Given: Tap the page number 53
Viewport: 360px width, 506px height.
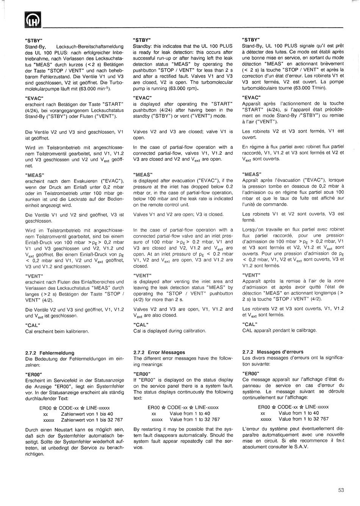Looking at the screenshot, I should pos(341,490).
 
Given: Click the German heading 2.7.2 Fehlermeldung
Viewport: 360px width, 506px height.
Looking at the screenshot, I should pos(50,353).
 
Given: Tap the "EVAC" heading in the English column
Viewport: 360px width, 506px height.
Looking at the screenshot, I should pos(142,98).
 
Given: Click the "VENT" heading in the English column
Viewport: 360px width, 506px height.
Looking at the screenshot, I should pos(142,275).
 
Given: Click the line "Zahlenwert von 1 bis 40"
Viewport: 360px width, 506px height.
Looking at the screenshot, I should pos(87,414).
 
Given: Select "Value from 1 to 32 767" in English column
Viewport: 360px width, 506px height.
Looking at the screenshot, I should pos(195,420).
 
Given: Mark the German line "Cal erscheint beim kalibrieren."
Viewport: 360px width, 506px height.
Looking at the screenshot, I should pos(57,331).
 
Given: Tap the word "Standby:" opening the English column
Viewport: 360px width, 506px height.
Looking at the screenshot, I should pos(142,46).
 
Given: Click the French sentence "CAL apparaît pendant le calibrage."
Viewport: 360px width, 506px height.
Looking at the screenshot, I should pos(279,330).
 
